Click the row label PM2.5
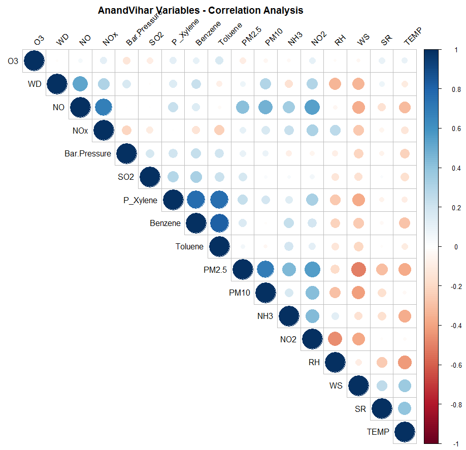[x=215, y=270]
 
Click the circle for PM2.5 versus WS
[x=358, y=270]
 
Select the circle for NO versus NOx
[x=103, y=107]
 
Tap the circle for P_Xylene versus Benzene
[x=195, y=200]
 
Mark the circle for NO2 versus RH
[x=335, y=339]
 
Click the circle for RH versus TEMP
[x=405, y=363]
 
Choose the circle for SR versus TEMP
[x=405, y=409]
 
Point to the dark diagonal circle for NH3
[x=289, y=316]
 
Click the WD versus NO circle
[x=80, y=84]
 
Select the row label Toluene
[x=189, y=247]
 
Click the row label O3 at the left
[x=13, y=61]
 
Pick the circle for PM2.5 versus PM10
[x=265, y=270]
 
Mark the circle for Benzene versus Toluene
[x=219, y=223]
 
